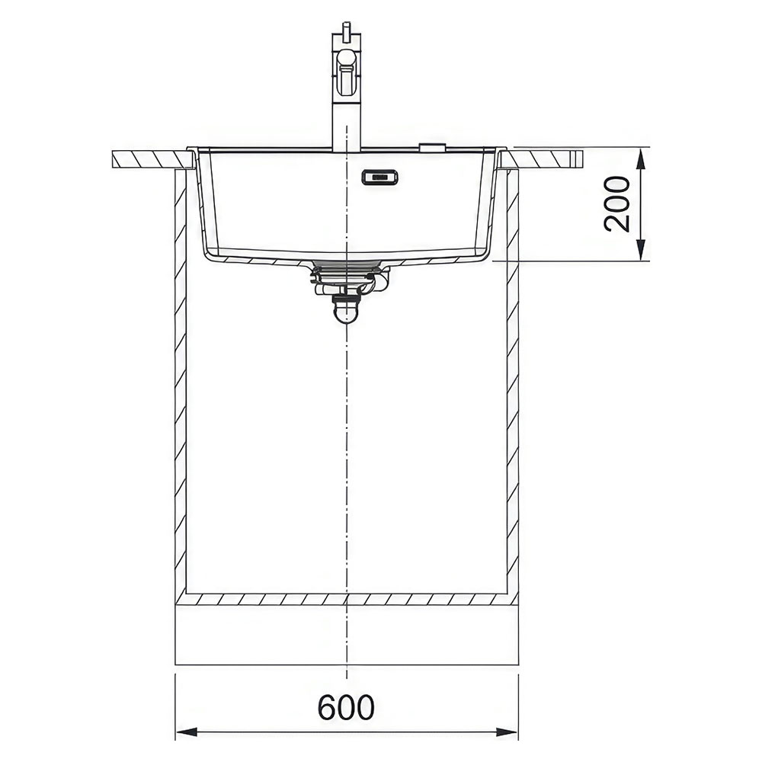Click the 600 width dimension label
point(346,707)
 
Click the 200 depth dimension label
point(616,203)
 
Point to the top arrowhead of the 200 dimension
point(641,159)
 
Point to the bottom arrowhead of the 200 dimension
point(641,250)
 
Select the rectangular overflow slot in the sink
point(379,178)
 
